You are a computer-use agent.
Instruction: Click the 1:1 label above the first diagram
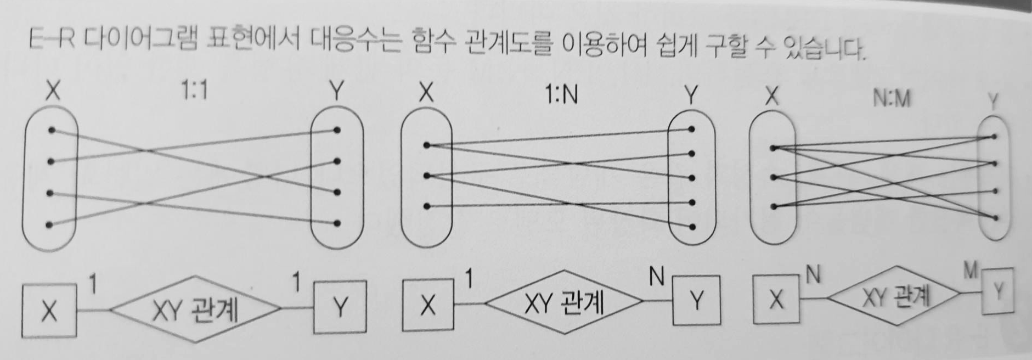click(195, 89)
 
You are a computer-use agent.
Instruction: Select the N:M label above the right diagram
click(891, 99)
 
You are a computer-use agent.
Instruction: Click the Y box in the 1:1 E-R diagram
click(340, 307)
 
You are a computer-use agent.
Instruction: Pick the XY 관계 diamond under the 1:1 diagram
click(195, 309)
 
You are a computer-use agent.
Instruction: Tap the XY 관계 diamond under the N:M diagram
click(895, 297)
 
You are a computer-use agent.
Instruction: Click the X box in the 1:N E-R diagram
click(428, 304)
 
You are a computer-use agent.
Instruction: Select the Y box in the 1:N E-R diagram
click(696, 300)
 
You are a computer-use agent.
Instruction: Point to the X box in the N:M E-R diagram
click(775, 299)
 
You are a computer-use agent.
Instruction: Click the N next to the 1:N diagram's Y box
click(656, 277)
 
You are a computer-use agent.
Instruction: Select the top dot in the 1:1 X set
click(52, 130)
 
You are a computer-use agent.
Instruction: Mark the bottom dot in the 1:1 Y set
click(336, 223)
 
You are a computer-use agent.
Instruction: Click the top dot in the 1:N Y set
click(692, 130)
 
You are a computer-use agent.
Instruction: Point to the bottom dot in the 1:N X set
click(426, 206)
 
